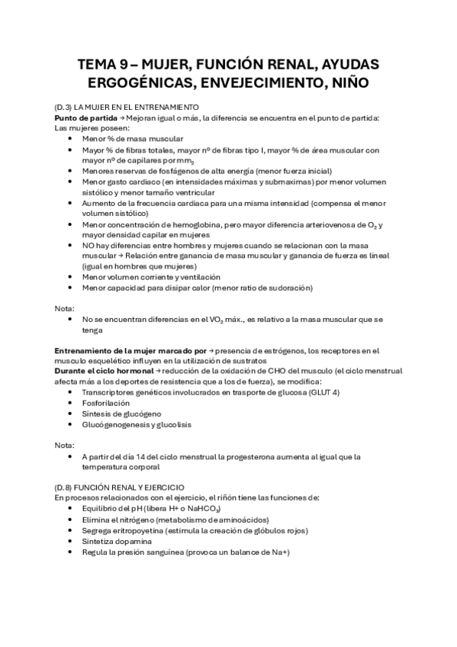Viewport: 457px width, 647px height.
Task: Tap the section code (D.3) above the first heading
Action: pyautogui.click(x=64, y=108)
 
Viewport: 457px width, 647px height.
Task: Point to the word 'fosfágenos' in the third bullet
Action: pyautogui.click(x=189, y=172)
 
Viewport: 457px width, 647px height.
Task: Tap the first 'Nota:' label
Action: pyautogui.click(x=65, y=309)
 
